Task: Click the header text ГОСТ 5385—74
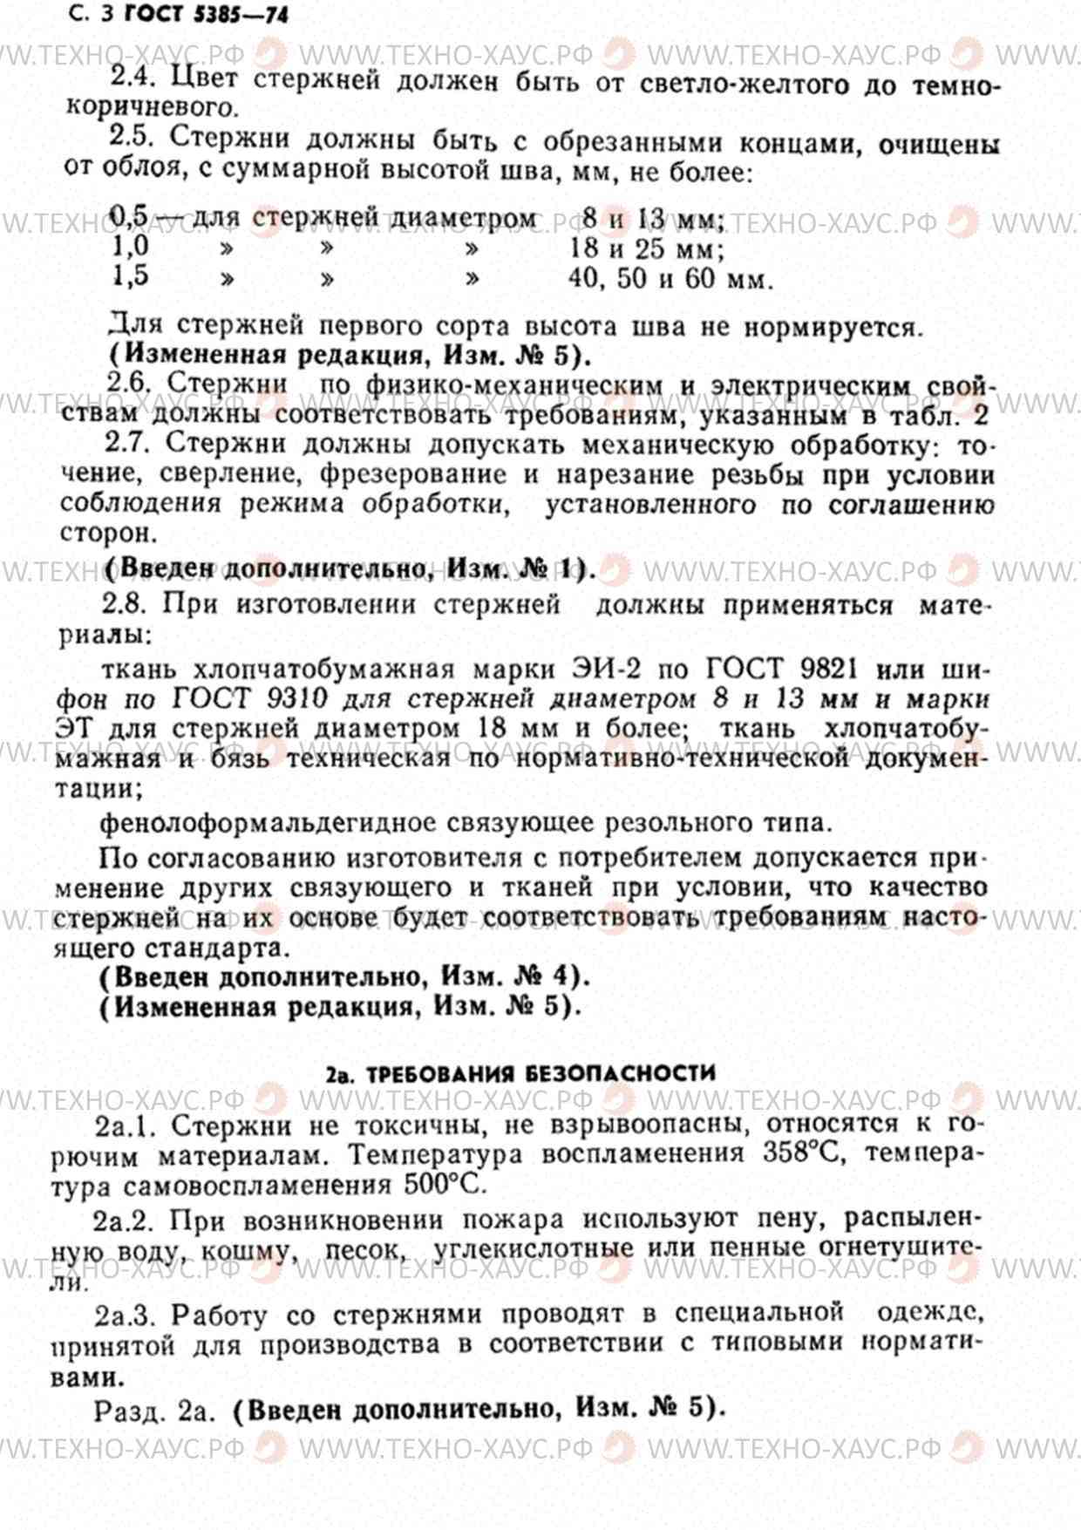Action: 207,14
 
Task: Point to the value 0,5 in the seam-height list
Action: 130,214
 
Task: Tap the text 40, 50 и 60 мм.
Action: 670,279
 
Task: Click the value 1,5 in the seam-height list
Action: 130,276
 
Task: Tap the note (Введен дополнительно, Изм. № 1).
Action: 349,568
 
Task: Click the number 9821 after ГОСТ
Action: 827,669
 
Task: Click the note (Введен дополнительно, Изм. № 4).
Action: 344,976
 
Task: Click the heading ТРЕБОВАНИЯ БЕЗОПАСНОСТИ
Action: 540,1073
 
